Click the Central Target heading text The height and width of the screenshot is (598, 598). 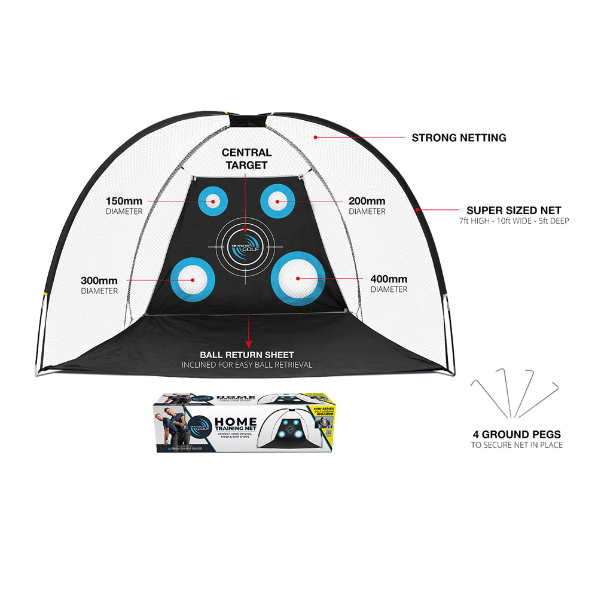(x=246, y=158)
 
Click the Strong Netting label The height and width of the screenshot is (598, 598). (x=459, y=138)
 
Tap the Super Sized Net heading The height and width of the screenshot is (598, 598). (x=514, y=210)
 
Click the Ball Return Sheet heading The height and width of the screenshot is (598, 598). (x=246, y=355)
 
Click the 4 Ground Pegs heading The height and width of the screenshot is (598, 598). (x=515, y=434)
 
